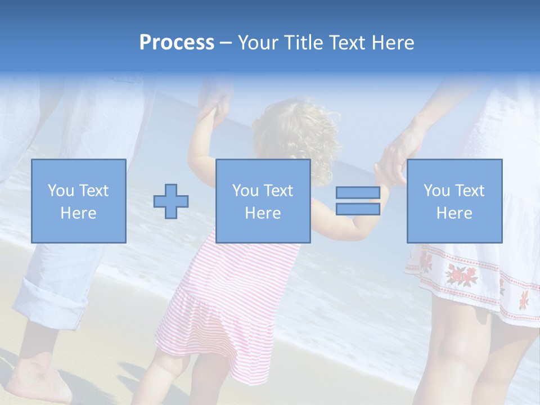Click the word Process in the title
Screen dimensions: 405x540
point(177,43)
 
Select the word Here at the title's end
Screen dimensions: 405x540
point(393,43)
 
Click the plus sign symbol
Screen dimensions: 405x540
point(171,201)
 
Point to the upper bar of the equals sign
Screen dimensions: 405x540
point(358,193)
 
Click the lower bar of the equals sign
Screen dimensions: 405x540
point(358,209)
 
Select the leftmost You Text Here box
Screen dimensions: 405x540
point(79,201)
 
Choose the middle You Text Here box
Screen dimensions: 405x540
point(263,201)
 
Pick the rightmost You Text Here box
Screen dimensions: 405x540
point(454,201)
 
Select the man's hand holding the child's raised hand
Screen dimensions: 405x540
point(217,107)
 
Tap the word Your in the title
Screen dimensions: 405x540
point(258,43)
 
